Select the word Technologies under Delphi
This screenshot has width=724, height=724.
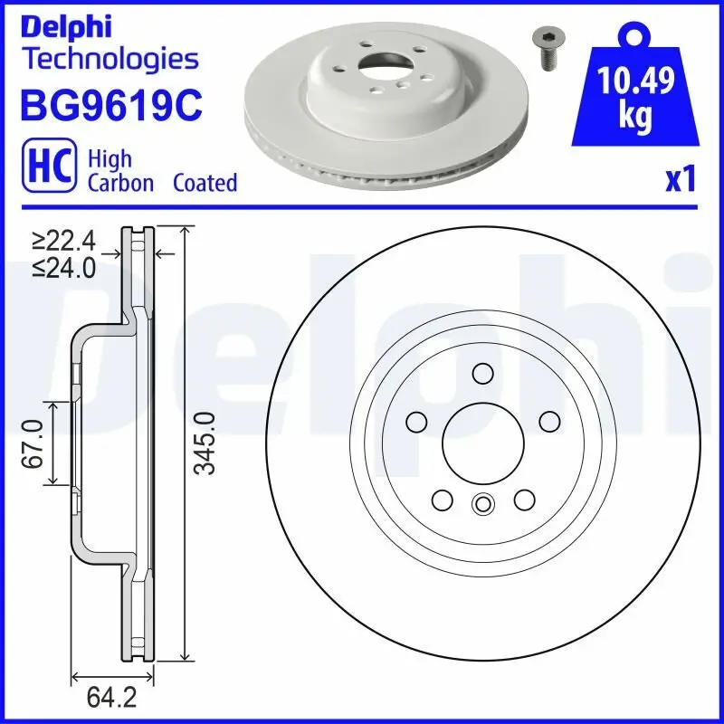[110, 59]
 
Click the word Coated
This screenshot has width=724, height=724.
[205, 183]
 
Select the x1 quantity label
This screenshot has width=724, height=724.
[680, 180]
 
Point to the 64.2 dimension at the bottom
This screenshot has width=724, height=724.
[106, 699]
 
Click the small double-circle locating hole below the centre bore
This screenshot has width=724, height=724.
[482, 505]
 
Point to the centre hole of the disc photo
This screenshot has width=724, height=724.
[380, 69]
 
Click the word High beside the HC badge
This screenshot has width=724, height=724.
[110, 159]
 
